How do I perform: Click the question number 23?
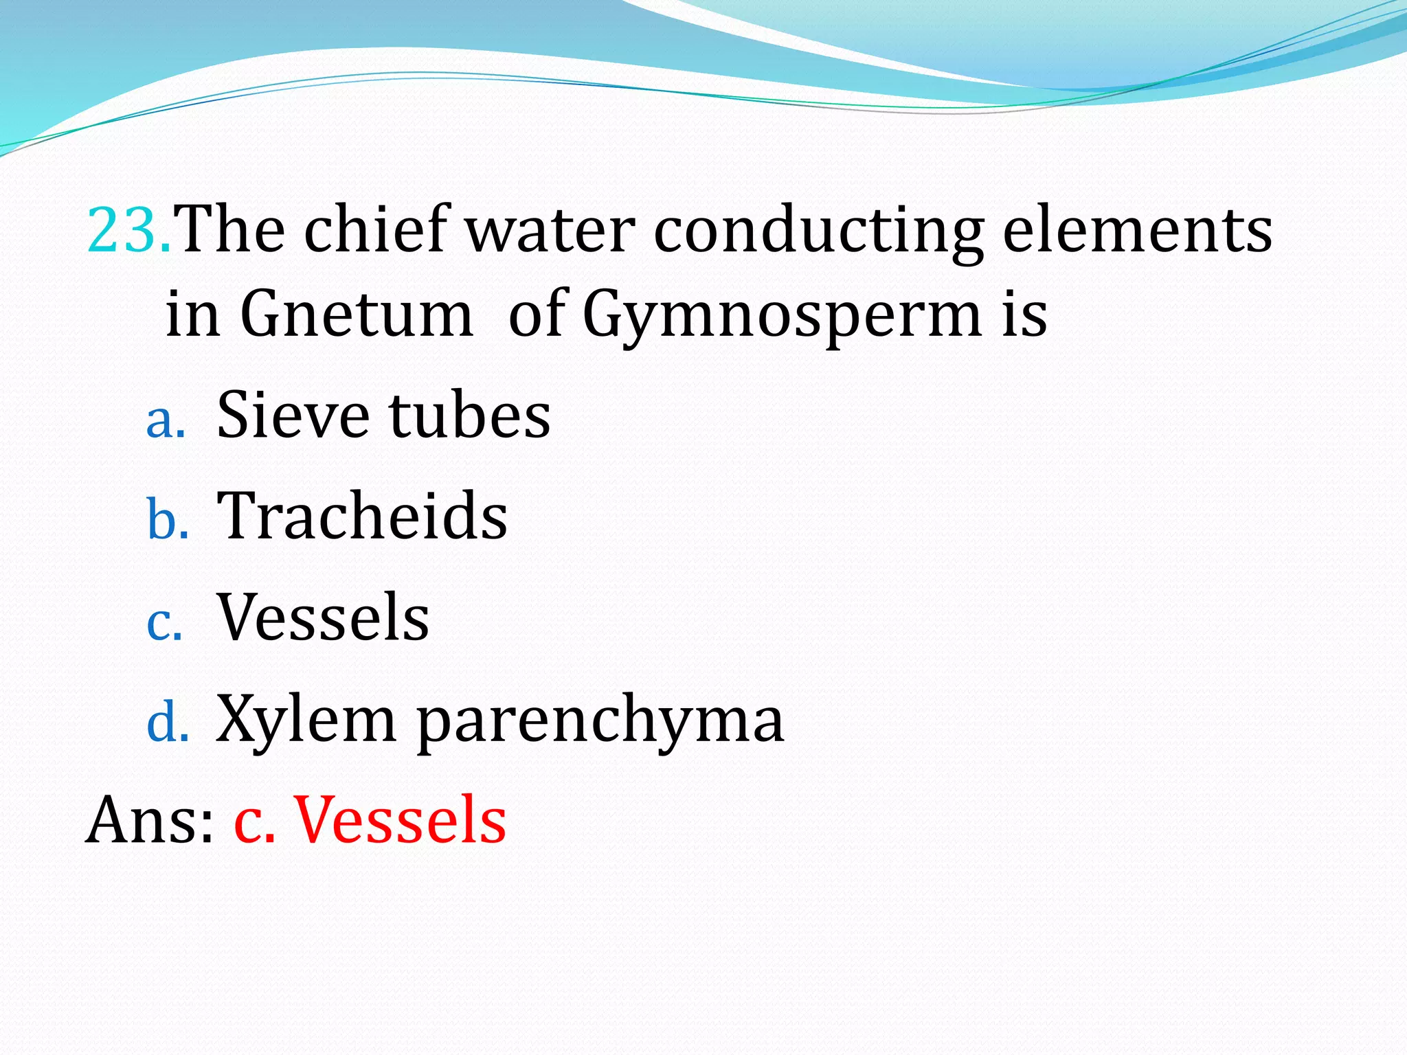pyautogui.click(x=128, y=230)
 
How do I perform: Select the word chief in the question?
pyautogui.click(x=374, y=230)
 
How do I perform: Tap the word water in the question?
pyautogui.click(x=550, y=230)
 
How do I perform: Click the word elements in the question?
pyautogui.click(x=1137, y=230)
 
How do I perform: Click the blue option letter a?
pyautogui.click(x=166, y=420)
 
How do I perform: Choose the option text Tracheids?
pyautogui.click(x=362, y=516)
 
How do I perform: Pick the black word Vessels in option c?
pyautogui.click(x=323, y=617)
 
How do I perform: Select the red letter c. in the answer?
pyautogui.click(x=255, y=822)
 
